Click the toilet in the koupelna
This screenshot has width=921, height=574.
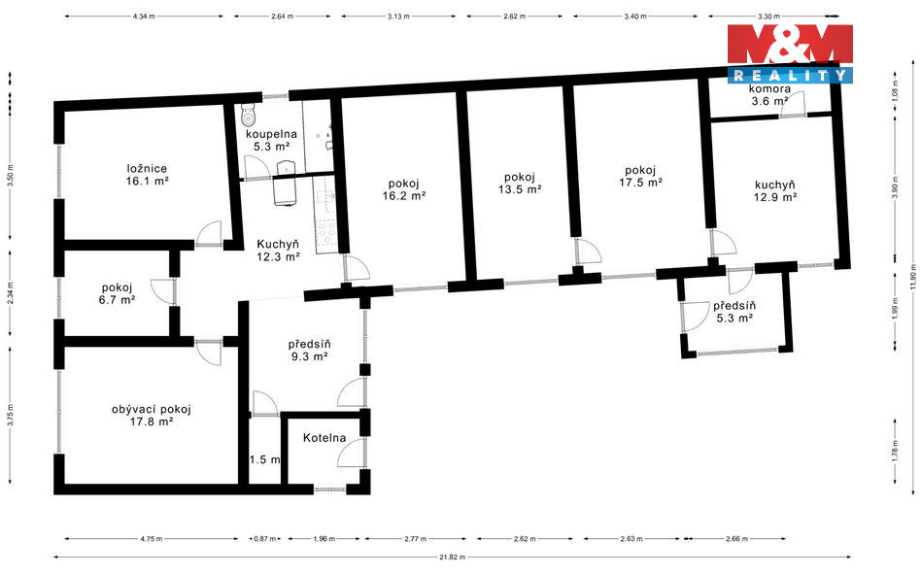[248, 115]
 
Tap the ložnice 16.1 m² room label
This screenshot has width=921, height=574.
[147, 175]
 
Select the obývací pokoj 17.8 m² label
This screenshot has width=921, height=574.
[152, 416]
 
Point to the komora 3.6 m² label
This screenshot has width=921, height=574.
[769, 95]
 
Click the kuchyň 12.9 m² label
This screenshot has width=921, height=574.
[775, 191]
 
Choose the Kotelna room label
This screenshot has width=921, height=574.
[324, 438]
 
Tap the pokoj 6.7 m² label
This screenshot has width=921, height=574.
[118, 293]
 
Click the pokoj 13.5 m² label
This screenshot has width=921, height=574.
[520, 184]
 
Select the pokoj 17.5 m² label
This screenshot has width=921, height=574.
[640, 177]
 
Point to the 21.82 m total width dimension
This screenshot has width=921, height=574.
[453, 557]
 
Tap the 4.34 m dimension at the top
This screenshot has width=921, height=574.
[144, 17]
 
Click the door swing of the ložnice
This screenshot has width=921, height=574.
[209, 233]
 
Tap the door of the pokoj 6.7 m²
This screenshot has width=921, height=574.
[162, 291]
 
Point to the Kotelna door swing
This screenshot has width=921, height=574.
[351, 454]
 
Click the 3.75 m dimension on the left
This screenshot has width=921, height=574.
[10, 415]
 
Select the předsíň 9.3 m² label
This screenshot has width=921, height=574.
[308, 350]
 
